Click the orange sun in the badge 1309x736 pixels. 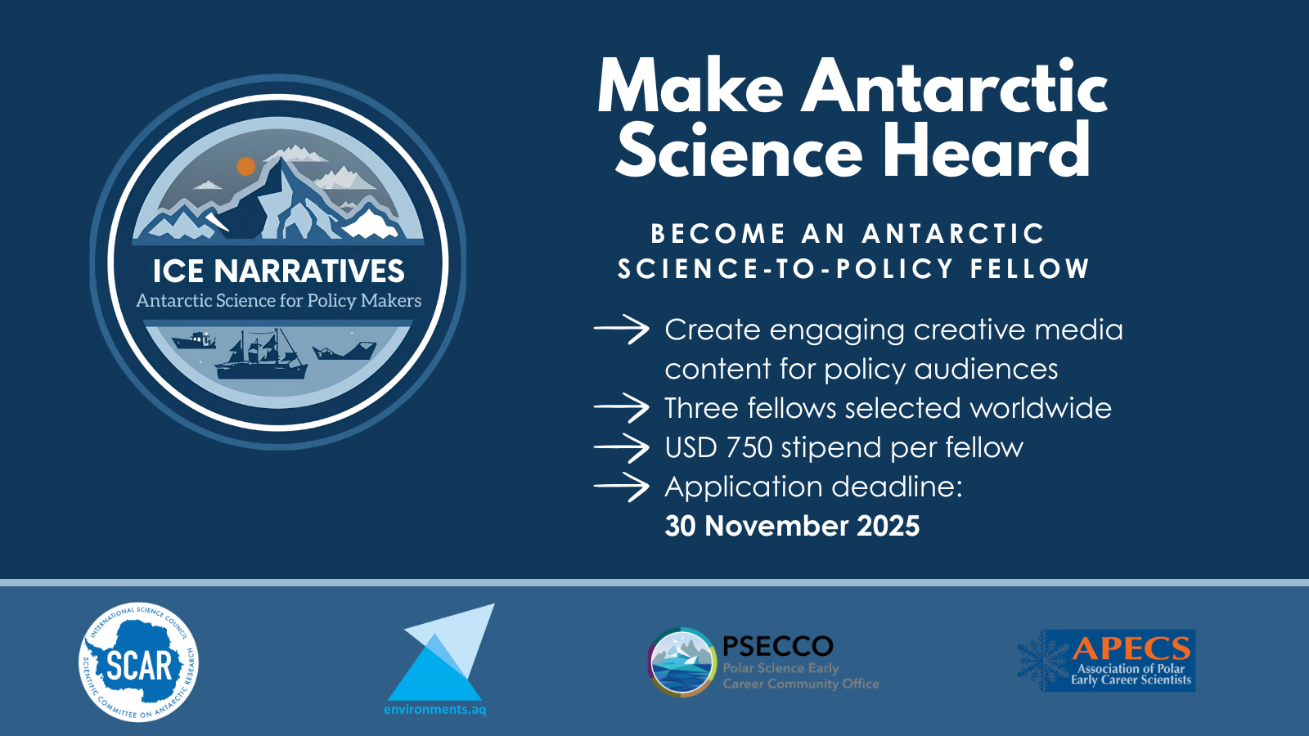[x=246, y=167]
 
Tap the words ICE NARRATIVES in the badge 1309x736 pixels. [x=279, y=271]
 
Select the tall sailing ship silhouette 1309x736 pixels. [x=261, y=354]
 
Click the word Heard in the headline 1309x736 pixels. [x=986, y=150]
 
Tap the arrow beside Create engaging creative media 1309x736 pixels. [x=621, y=330]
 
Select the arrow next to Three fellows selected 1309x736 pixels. [x=621, y=408]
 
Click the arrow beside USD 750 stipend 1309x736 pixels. [x=621, y=447]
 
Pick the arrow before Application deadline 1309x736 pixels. [x=621, y=487]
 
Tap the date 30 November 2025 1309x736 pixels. [x=792, y=526]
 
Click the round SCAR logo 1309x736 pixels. [x=138, y=662]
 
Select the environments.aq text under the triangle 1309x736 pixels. [x=434, y=710]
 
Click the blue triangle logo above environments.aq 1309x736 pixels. [x=441, y=652]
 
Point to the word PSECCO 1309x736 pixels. [x=778, y=646]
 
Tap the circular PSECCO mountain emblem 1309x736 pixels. [x=682, y=662]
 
